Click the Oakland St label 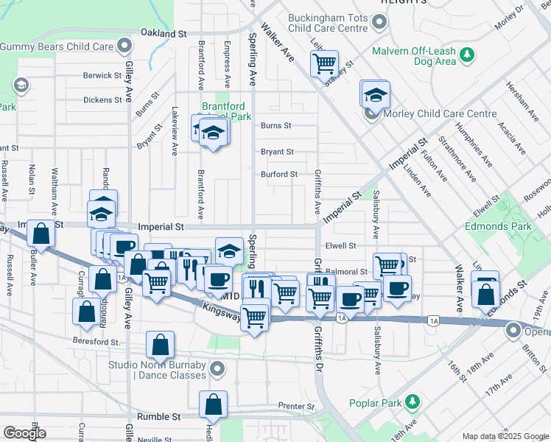164,34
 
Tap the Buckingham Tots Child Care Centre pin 379,23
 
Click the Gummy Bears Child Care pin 124,46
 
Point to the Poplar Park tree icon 414,401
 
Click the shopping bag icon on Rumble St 213,404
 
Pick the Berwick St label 102,75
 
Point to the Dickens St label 102,99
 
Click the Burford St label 279,175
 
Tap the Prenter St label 296,406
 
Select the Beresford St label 96,342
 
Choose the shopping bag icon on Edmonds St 486,293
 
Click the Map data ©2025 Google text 505,436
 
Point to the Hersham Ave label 517,101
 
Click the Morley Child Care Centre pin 373,114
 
